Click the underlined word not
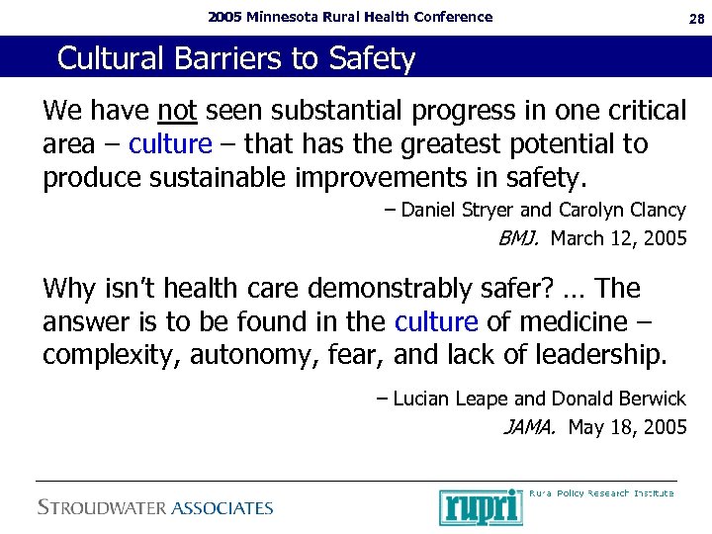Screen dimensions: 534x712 (x=177, y=111)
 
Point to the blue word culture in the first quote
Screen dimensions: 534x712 (x=170, y=144)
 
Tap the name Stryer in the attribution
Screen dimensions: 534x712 (x=485, y=210)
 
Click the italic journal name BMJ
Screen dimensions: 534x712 (x=519, y=238)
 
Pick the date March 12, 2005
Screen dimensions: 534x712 (x=618, y=238)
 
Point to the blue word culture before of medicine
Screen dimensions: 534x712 (x=436, y=321)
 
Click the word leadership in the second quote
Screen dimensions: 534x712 (x=583, y=354)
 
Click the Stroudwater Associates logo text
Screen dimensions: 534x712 (x=155, y=507)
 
